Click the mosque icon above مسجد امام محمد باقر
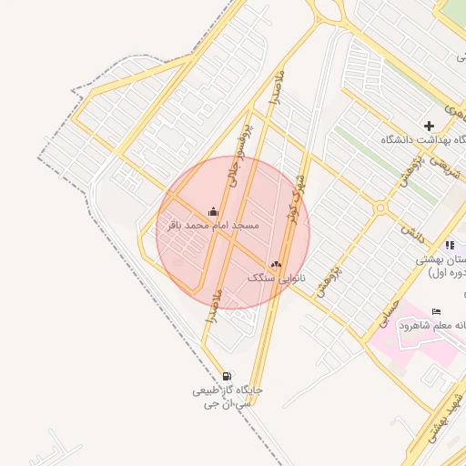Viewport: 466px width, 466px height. click(x=213, y=211)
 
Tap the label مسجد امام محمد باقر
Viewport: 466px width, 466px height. click(x=213, y=224)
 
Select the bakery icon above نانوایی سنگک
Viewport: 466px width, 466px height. click(x=277, y=264)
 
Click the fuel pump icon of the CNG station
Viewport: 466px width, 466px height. click(x=226, y=376)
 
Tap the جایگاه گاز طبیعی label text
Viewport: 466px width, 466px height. click(x=227, y=390)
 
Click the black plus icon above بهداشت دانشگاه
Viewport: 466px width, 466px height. click(x=429, y=126)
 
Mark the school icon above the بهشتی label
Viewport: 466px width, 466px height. click(x=450, y=245)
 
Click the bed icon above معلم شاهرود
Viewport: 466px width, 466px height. click(x=436, y=312)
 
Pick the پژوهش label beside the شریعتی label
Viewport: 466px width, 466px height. click(x=408, y=174)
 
